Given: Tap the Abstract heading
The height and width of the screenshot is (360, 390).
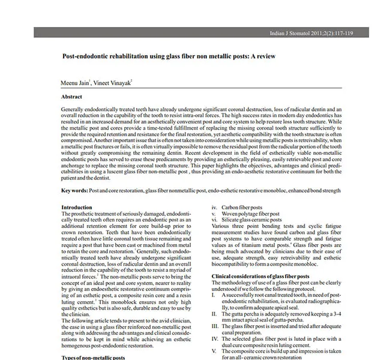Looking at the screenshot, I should point(71,96).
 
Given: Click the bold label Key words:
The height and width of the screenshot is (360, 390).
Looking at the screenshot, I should point(74,191).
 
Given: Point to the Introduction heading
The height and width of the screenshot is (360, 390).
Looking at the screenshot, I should point(77,207).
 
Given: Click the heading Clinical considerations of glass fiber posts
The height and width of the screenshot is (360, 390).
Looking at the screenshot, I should point(260,276).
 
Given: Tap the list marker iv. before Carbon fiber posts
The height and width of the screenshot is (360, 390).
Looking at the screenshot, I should point(215,208).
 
